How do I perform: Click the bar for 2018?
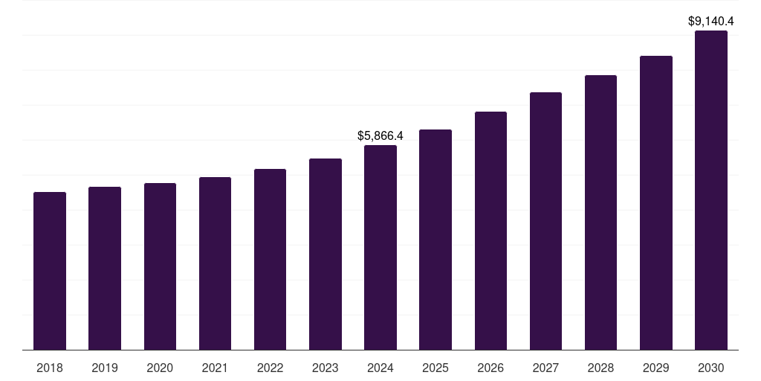pos(50,271)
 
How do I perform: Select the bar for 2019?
pos(105,268)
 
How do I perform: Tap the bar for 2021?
pos(215,263)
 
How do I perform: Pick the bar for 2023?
pos(326,254)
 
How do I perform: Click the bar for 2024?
pos(380,247)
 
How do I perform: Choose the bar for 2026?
pos(490,231)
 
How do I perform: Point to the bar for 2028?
pos(600,212)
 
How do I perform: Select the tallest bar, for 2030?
pos(711,190)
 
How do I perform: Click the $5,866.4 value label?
pos(380,135)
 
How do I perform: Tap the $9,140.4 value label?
pos(711,22)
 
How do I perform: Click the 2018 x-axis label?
pos(50,368)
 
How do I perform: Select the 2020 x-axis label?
pos(160,368)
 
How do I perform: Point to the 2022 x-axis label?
pos(270,368)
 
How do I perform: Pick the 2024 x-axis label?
pos(380,368)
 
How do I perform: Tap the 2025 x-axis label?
pos(435,368)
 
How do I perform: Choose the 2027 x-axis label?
pos(545,368)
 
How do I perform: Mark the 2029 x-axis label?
pos(656,368)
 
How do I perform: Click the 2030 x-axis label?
pos(711,368)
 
